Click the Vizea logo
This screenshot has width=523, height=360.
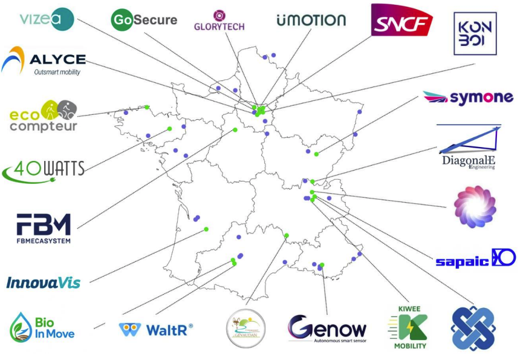point(47,19)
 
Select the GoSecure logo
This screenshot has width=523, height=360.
point(144,20)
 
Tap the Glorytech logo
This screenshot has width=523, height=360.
point(218,21)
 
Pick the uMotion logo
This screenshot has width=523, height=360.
point(311,20)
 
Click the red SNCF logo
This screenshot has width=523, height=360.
point(401,21)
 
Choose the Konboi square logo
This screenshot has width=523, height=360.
point(475,34)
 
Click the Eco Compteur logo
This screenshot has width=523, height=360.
point(43,116)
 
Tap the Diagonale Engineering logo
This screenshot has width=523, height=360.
point(469,148)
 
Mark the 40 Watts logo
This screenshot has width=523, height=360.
point(44,169)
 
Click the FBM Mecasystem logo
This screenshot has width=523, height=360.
point(44,228)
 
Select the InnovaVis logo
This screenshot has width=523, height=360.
point(43,283)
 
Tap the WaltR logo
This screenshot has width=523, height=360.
point(156,330)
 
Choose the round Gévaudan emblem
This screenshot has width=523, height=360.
point(245,329)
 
